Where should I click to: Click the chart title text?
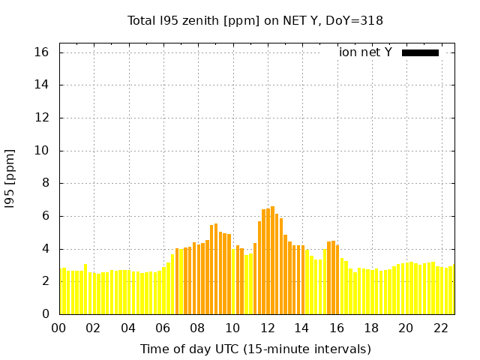coord(255,21)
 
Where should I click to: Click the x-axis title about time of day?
coord(255,349)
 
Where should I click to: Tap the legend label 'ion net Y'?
coord(365,52)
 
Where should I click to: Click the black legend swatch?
coord(420,52)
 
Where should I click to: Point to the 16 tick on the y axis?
coord(40,52)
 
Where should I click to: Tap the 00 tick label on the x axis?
coord(59,328)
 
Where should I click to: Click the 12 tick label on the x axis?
coord(267,328)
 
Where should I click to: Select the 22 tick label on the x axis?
coord(440,328)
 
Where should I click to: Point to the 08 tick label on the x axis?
coord(198,328)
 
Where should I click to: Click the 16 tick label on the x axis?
coord(337,328)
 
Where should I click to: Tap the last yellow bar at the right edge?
coord(453,289)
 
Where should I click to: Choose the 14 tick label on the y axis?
coord(40,85)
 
